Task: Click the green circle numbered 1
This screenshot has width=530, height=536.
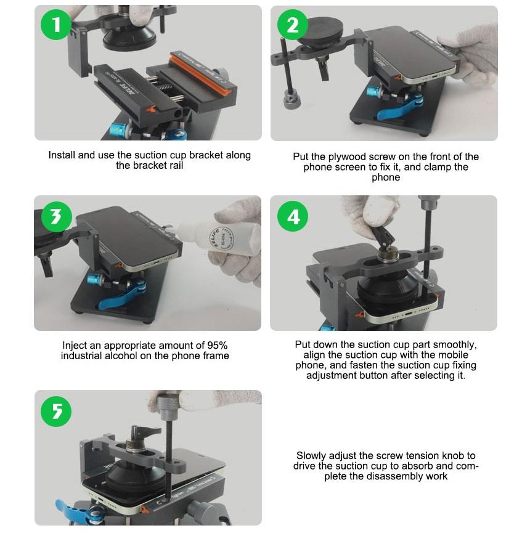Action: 56,24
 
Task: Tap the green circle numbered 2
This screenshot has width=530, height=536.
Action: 293,25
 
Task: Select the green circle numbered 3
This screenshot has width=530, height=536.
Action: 57,216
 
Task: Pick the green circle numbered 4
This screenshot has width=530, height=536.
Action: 293,216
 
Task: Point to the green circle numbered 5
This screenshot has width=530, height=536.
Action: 56,411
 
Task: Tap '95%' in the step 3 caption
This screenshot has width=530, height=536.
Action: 217,345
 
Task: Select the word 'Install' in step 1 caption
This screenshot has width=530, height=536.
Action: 62,155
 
